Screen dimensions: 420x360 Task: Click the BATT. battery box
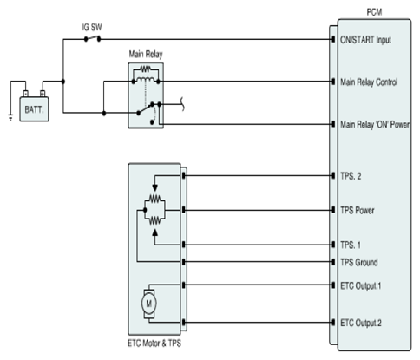(34, 109)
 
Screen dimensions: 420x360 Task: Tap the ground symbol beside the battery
(10, 118)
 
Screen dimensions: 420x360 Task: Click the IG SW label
(92, 27)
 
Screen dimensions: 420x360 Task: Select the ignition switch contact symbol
(92, 38)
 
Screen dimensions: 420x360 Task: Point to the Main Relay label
(146, 54)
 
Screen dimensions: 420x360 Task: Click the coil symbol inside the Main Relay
(146, 79)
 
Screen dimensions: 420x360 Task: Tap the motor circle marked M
(149, 304)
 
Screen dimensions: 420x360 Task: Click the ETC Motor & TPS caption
(154, 344)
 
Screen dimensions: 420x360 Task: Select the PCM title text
(374, 12)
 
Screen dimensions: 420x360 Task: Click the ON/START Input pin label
(365, 40)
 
